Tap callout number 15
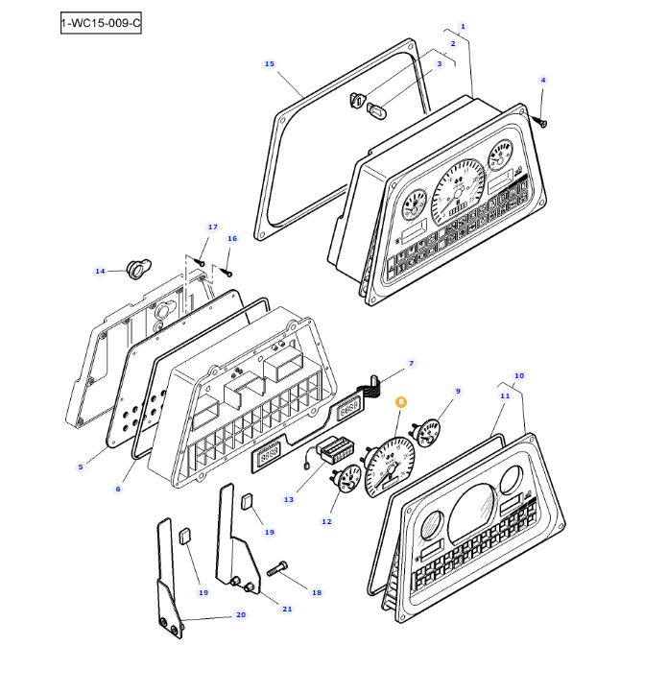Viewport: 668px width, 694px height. click(x=269, y=64)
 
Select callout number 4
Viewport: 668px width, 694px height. click(x=542, y=80)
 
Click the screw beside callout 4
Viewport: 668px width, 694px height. click(x=543, y=122)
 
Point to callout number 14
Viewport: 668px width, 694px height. click(x=100, y=272)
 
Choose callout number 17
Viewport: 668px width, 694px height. click(x=213, y=227)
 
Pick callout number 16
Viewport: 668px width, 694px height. click(x=231, y=238)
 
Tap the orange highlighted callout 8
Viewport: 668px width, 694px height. click(x=401, y=403)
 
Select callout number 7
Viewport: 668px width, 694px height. click(x=411, y=364)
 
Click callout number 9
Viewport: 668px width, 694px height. click(x=458, y=391)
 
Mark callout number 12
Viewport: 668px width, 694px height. click(x=326, y=521)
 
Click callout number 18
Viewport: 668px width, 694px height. click(x=317, y=592)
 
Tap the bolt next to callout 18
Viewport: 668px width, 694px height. click(x=279, y=568)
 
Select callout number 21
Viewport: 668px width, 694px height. click(x=286, y=610)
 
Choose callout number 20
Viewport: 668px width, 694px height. click(x=240, y=615)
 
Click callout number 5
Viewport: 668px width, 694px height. click(x=81, y=467)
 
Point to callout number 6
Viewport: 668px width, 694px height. click(x=118, y=490)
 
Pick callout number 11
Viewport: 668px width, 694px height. click(x=504, y=395)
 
